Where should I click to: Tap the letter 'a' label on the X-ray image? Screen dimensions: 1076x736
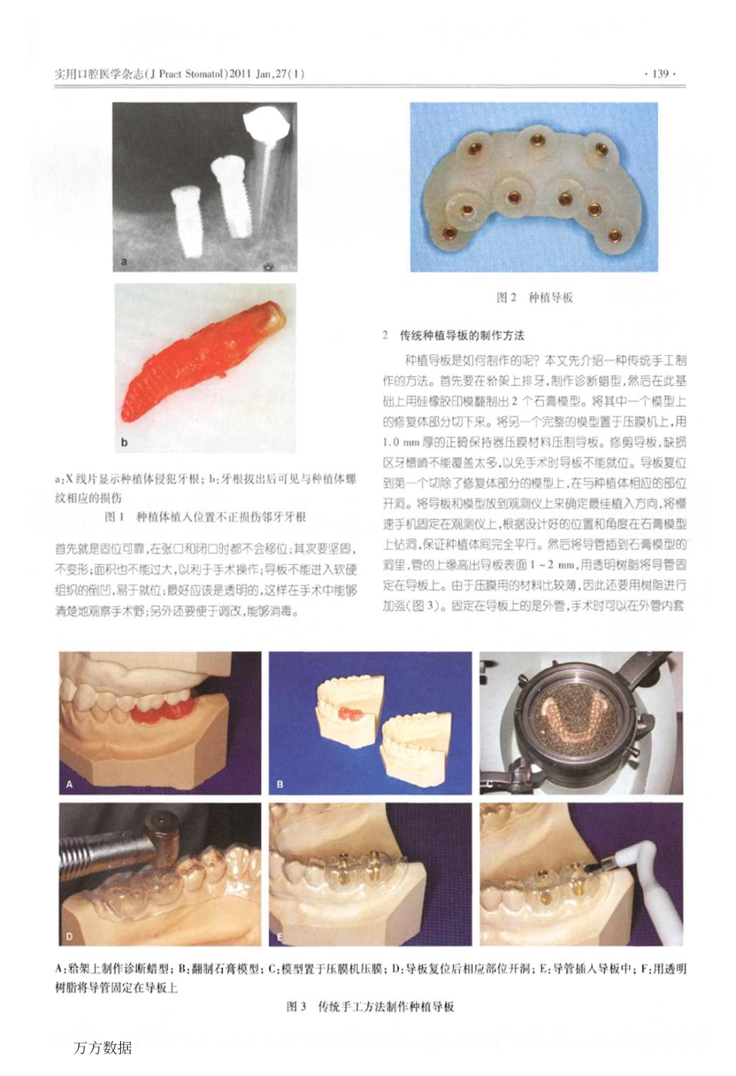(124, 262)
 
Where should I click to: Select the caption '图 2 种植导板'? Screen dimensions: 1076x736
(534, 298)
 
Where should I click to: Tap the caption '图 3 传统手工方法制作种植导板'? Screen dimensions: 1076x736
(370, 1006)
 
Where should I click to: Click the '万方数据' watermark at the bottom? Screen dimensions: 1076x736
(102, 1047)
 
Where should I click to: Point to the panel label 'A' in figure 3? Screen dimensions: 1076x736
(70, 785)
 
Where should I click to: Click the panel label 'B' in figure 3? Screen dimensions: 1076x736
(280, 785)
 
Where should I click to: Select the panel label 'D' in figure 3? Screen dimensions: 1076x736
(70, 936)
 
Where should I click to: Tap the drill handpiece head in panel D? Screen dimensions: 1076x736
(162, 833)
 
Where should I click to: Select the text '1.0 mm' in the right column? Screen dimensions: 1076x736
(402, 442)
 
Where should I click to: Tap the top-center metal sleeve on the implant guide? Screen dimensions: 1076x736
(535, 140)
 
